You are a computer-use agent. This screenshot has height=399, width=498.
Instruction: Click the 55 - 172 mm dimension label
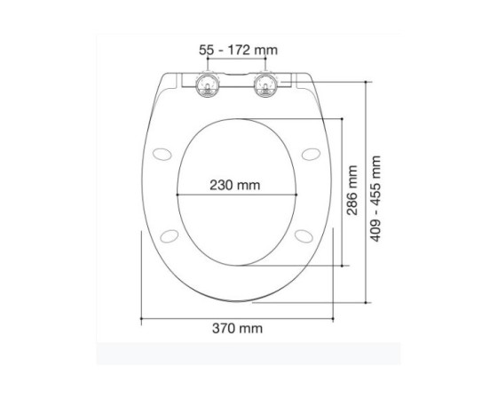click(x=238, y=50)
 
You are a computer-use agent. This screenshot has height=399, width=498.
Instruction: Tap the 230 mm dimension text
click(x=234, y=185)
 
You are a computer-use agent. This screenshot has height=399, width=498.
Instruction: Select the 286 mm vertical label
click(x=352, y=190)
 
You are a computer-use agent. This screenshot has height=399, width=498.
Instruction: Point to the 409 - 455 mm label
click(x=375, y=199)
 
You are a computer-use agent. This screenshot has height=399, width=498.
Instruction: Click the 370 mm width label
click(x=237, y=328)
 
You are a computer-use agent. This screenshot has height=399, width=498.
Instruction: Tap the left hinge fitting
click(x=208, y=85)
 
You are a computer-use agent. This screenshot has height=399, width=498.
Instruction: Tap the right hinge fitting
click(x=265, y=85)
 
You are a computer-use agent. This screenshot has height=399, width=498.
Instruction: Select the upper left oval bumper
click(x=162, y=155)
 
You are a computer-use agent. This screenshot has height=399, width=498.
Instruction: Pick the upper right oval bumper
click(x=311, y=155)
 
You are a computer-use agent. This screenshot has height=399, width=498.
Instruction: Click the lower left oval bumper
click(x=170, y=235)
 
